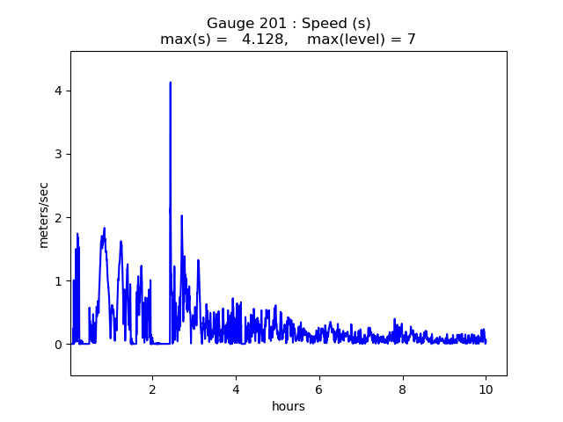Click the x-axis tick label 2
click(152, 389)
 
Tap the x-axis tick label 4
click(236, 389)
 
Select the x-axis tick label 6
click(318, 389)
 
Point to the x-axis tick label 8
click(403, 389)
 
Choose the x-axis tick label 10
click(486, 389)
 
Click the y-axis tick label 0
click(58, 345)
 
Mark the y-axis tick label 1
click(58, 281)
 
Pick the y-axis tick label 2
click(58, 218)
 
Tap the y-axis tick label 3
click(58, 155)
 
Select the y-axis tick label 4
click(58, 91)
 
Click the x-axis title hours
click(289, 406)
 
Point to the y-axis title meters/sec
click(43, 215)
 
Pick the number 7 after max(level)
click(412, 39)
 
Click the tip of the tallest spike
click(171, 83)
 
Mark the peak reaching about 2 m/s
click(182, 215)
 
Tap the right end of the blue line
click(486, 342)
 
